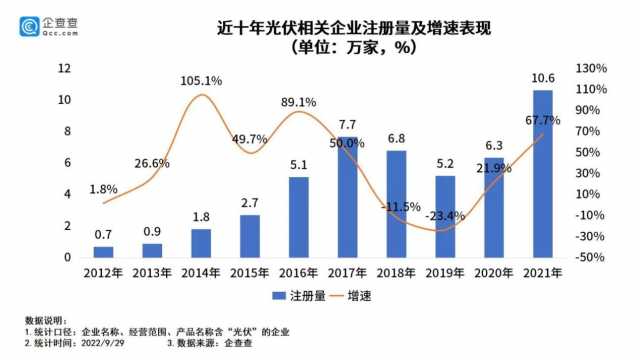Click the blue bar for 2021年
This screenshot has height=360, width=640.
(543, 174)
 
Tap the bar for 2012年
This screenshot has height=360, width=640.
(104, 252)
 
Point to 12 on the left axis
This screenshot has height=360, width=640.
(65, 68)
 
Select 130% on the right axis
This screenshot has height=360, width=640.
(592, 68)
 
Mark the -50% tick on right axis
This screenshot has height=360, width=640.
(591, 257)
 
